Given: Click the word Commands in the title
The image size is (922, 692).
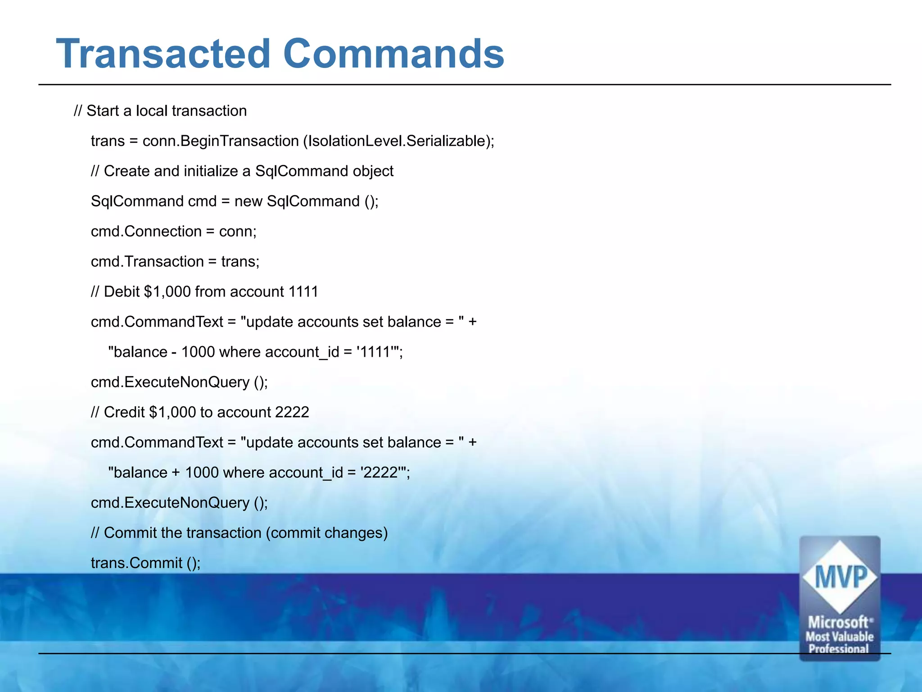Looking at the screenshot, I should [393, 54].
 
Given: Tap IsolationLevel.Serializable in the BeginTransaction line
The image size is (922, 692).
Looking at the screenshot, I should [396, 141].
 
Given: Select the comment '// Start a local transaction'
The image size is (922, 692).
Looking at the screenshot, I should [160, 111].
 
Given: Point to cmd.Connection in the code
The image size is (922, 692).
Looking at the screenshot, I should [146, 231].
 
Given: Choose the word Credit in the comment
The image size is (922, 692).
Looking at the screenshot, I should [124, 412].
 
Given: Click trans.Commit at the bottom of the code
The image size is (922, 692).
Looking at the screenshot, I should [136, 563].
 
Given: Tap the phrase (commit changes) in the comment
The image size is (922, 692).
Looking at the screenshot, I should [326, 533].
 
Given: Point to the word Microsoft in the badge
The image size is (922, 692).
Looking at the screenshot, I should [838, 623].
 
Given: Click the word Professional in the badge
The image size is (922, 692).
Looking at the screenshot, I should [838, 649].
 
